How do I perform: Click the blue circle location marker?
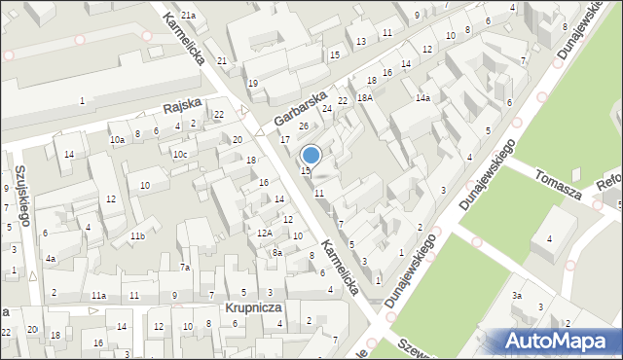(x=311, y=155)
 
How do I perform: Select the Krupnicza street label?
(x=253, y=306)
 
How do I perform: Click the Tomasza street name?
(x=559, y=184)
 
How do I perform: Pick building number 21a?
(x=187, y=16)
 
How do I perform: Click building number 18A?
(x=365, y=97)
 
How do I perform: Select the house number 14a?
(x=422, y=98)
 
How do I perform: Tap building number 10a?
(x=117, y=140)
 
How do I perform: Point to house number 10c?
(x=179, y=155)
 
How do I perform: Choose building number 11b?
(x=137, y=236)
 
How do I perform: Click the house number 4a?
(x=50, y=259)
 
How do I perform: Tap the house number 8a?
(x=276, y=253)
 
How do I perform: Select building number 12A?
(x=264, y=234)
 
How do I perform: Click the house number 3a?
(x=518, y=295)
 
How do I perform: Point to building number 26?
(x=304, y=126)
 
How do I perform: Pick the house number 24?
(x=327, y=108)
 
